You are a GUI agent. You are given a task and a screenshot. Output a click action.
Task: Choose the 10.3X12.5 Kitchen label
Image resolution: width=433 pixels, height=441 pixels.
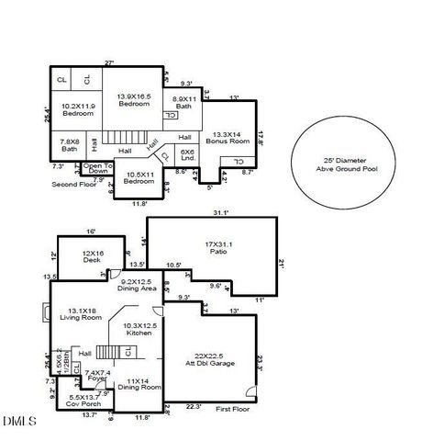pos(140,330)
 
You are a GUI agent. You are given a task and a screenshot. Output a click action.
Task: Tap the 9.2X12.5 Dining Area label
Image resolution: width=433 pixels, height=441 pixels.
pos(140,285)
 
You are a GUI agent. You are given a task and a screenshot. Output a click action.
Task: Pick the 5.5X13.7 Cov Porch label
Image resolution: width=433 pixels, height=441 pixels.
pos(83,401)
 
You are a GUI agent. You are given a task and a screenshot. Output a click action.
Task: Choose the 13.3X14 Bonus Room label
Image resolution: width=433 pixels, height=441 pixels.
pos(226,138)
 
